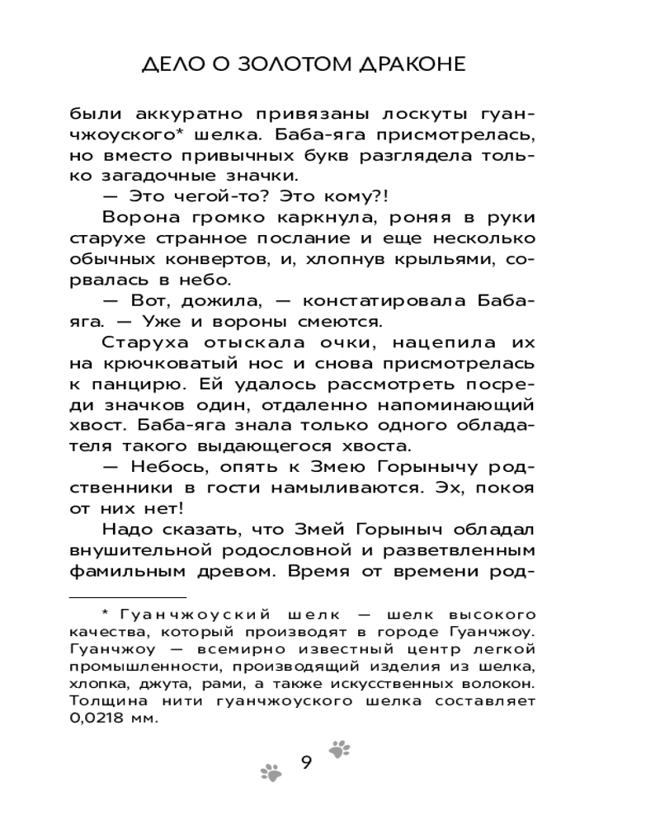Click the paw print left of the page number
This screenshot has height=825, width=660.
271,772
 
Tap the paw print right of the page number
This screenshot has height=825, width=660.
339,748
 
